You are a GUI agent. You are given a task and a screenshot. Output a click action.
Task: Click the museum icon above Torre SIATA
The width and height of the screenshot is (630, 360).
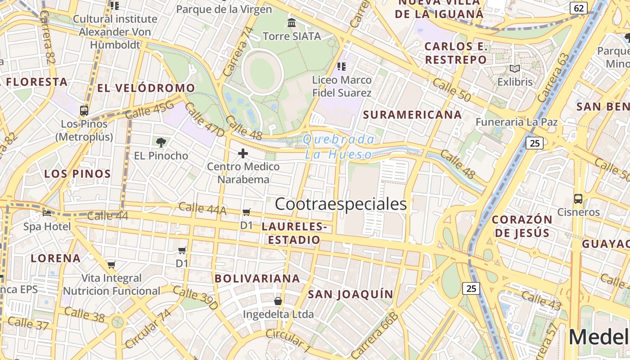pos(292,22)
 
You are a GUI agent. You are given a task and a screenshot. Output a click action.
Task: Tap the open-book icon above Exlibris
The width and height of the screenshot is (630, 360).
pos(515,69)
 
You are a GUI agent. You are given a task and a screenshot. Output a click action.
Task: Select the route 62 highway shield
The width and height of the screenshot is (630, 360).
pos(579,8)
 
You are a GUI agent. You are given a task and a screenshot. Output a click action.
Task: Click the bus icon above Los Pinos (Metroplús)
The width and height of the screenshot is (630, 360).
pos(84,110)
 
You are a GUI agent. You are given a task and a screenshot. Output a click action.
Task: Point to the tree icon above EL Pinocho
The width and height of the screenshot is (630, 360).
pos(161,143)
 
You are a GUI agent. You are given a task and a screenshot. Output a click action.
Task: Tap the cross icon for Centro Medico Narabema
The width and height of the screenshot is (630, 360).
pos(243,154)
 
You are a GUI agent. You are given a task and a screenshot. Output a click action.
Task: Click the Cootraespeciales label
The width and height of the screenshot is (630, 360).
pos(341,204)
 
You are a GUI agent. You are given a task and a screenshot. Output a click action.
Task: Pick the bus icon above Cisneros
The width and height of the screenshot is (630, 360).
pos(578,198)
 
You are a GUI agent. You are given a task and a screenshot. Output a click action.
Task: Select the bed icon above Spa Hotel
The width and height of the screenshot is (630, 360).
pos(47,213)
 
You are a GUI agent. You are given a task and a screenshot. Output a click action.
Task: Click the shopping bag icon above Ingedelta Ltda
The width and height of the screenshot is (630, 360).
pos(278,301)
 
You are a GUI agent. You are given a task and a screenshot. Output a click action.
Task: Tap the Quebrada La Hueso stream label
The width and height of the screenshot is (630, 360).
pos(339,147)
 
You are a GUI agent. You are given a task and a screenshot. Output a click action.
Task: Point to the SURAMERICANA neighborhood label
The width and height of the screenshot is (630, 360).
pos(412,115)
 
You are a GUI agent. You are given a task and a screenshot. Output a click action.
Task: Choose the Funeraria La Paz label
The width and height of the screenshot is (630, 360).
pos(517,122)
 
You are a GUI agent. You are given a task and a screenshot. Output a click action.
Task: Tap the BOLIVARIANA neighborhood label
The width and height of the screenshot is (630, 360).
pos(257,279)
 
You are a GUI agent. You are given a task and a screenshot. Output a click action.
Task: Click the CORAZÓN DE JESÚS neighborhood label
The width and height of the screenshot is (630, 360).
pos(522,226)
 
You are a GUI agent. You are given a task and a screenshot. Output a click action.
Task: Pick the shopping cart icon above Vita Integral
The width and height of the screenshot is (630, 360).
pos(111,265)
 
